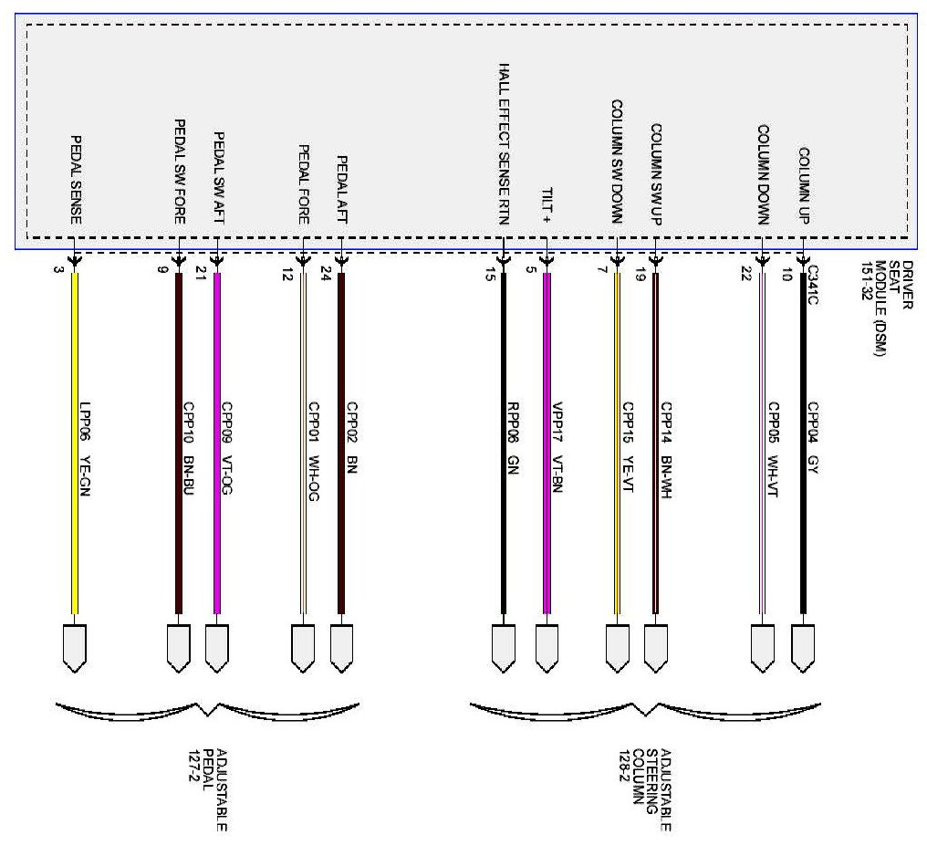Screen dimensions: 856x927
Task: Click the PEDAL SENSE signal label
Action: click(77, 180)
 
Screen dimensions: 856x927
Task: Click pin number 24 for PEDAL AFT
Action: click(326, 275)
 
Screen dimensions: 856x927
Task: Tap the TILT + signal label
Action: click(546, 201)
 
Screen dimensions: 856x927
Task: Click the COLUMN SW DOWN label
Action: click(617, 161)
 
